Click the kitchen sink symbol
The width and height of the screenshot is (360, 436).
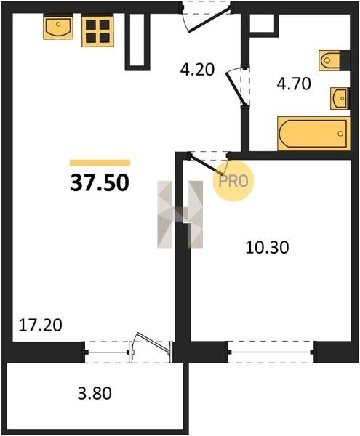tap(58, 27)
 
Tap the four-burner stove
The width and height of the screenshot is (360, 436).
tap(97, 31)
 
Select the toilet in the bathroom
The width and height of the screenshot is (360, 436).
tap(329, 60)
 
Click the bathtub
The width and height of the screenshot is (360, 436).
tap(313, 134)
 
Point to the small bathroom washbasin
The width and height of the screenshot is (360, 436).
tap(340, 98)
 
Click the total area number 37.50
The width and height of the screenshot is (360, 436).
tap(100, 183)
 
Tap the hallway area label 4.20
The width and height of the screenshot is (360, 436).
tap(197, 70)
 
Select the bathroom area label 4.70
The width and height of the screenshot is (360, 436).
tap(294, 84)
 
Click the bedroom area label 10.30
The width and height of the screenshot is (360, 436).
tap(267, 248)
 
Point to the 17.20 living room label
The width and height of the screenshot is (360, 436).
tap(40, 325)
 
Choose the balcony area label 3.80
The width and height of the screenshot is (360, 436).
tap(95, 393)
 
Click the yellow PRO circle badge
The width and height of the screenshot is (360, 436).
tap(233, 181)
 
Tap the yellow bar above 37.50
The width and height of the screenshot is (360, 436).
tap(100, 163)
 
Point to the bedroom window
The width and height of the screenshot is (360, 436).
tap(271, 352)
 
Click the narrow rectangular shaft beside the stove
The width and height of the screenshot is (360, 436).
tap(137, 41)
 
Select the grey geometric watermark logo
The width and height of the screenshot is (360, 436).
tap(180, 214)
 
